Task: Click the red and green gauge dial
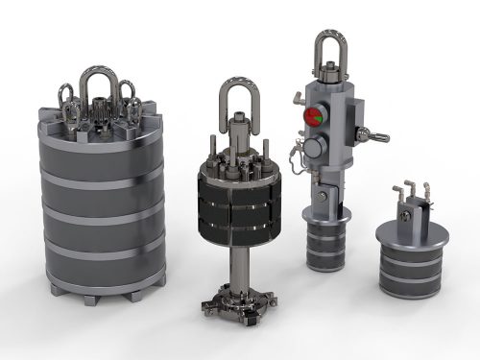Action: coord(314,117)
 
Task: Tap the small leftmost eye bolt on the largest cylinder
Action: coord(67,97)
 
